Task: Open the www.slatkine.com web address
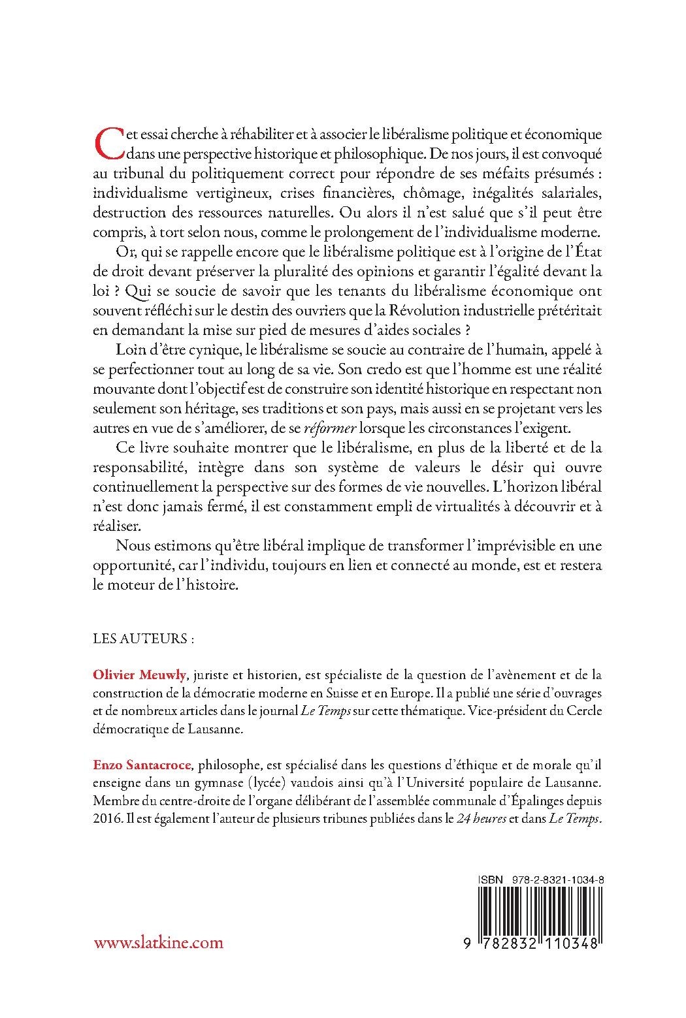159,942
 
